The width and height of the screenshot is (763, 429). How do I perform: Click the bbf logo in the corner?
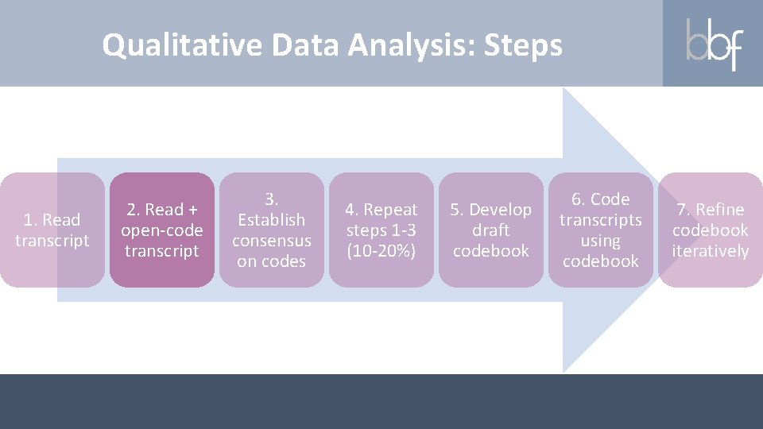713,44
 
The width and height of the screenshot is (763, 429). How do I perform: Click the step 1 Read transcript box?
52,230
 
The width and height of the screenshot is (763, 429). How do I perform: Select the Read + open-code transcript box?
162,230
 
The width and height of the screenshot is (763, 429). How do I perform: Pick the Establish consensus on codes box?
272,230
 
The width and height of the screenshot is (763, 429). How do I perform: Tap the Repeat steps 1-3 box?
381,230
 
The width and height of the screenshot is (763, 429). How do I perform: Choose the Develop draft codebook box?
491,230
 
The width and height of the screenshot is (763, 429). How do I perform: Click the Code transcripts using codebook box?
600,230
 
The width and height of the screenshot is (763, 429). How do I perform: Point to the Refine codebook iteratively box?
710,230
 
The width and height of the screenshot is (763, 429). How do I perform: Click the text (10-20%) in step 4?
381,251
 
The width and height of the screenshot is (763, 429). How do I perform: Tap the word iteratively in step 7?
710,251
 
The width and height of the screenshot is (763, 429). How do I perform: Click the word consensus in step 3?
272,240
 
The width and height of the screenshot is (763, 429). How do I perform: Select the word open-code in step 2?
162,230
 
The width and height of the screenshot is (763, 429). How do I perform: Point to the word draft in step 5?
491,230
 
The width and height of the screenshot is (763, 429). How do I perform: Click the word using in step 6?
600,240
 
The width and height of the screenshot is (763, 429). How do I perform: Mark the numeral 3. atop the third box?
272,199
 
